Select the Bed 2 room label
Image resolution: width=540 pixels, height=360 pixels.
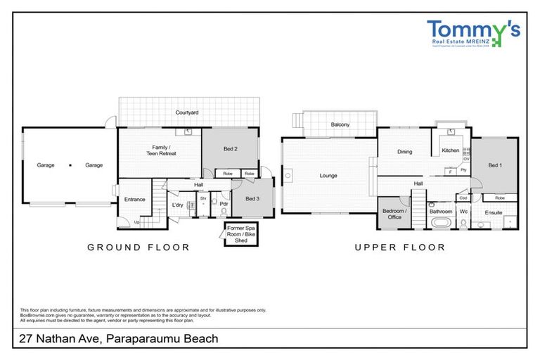(x=230, y=148)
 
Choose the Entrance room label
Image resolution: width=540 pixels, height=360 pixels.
(x=134, y=199)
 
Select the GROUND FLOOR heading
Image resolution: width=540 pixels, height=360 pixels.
(x=138, y=247)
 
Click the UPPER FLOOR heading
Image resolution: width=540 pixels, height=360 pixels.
(x=399, y=247)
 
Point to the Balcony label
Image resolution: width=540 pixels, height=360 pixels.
(x=340, y=124)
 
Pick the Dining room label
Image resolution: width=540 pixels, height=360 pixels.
(x=404, y=151)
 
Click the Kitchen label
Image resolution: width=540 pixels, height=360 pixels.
(x=450, y=150)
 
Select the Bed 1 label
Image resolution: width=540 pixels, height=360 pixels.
(x=495, y=165)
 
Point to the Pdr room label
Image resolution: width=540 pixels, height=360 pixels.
(x=224, y=205)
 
